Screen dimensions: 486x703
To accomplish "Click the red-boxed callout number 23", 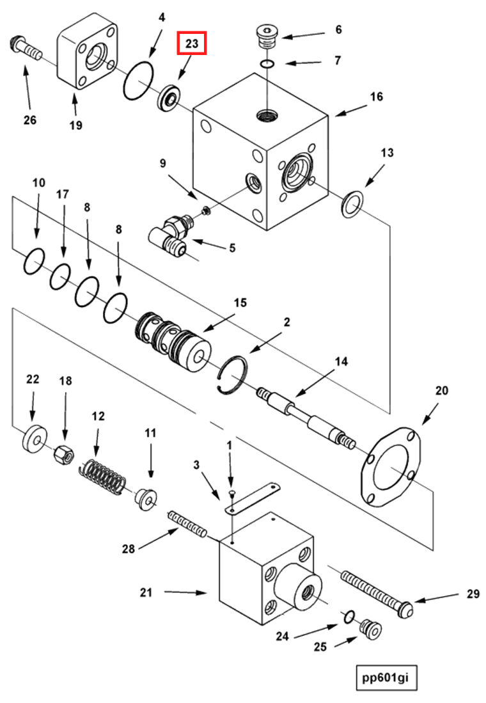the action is pyautogui.click(x=192, y=43).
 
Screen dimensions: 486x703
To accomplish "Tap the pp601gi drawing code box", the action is pyautogui.click(x=386, y=678).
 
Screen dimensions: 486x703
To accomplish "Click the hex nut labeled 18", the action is pyautogui.click(x=63, y=454).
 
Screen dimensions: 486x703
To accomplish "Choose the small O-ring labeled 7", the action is pyautogui.click(x=268, y=64).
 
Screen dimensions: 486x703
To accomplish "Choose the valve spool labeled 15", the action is pyautogui.click(x=173, y=337).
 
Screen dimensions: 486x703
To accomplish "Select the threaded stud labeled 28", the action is pyautogui.click(x=187, y=523).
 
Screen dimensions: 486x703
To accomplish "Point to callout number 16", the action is pyautogui.click(x=376, y=97).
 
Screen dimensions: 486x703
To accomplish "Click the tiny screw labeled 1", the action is pyautogui.click(x=231, y=494).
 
